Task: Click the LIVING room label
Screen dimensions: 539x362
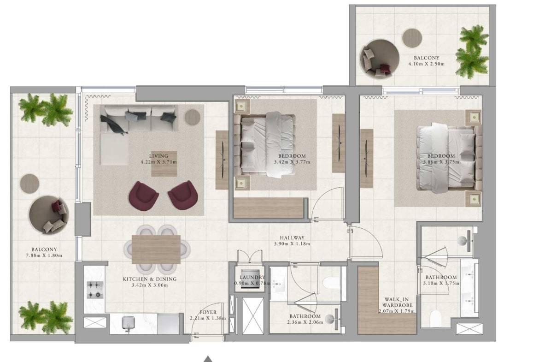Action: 158,156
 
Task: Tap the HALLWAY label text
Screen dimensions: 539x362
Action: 292,238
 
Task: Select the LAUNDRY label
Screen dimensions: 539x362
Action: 252,277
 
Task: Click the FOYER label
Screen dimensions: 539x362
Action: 208,313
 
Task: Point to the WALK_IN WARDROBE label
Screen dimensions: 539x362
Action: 397,303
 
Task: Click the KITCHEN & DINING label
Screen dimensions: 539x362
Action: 150,279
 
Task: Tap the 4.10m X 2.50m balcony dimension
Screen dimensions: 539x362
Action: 426,64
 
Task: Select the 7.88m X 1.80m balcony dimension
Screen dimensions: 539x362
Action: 44,255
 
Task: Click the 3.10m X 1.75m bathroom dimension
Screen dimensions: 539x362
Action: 441,284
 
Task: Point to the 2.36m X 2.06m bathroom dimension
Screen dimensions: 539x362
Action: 305,322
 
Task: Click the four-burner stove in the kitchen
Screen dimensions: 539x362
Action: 95,290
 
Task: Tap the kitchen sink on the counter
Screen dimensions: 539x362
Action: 128,323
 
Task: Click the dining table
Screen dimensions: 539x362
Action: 156,249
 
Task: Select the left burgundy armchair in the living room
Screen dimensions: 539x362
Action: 143,196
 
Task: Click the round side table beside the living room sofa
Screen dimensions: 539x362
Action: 193,117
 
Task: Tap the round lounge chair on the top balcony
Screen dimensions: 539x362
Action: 380,59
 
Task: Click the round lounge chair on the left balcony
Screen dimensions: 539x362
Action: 48,215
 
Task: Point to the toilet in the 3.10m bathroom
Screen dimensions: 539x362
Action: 435,319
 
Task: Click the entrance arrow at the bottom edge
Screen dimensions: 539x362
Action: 208,359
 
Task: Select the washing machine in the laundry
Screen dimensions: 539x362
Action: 250,279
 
